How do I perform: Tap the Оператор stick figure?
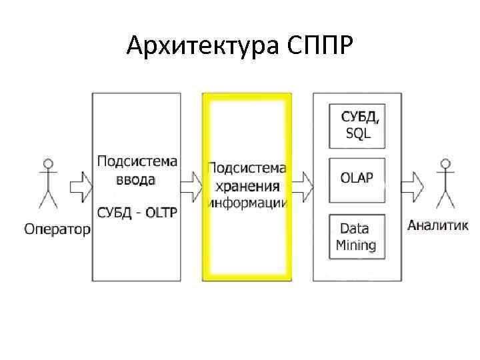47,184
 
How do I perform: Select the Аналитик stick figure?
443,183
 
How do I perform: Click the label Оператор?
57,229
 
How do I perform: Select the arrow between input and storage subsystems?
191,183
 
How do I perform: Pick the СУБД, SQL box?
357,127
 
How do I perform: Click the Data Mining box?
357,237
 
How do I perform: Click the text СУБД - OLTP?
137,213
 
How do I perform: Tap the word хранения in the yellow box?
247,185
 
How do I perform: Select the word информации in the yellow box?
247,202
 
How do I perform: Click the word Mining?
356,245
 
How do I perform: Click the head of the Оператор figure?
47,163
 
